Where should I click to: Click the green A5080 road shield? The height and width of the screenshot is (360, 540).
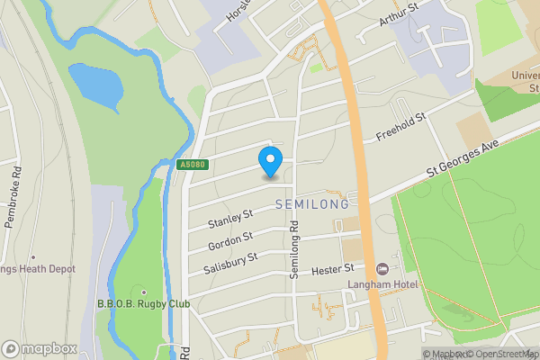(x=193, y=165)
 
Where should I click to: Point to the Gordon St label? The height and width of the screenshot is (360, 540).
(x=230, y=239)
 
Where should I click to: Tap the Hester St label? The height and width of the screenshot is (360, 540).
(x=333, y=269)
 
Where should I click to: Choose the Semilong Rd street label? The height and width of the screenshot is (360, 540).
(x=293, y=251)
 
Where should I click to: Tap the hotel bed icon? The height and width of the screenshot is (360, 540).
(x=382, y=269)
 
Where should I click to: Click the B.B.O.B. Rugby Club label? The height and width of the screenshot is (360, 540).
(x=144, y=304)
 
